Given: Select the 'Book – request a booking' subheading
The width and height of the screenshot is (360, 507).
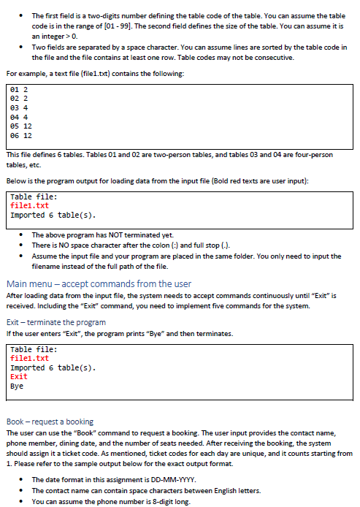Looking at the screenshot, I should [x=50, y=422].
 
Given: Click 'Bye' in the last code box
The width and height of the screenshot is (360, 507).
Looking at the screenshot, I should [x=17, y=386].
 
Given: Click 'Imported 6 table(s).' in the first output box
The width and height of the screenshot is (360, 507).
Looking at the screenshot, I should [x=53, y=216].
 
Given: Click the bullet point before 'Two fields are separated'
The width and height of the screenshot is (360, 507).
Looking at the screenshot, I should [x=21, y=47].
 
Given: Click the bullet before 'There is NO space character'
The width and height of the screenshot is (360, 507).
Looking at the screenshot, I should [x=21, y=245].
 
